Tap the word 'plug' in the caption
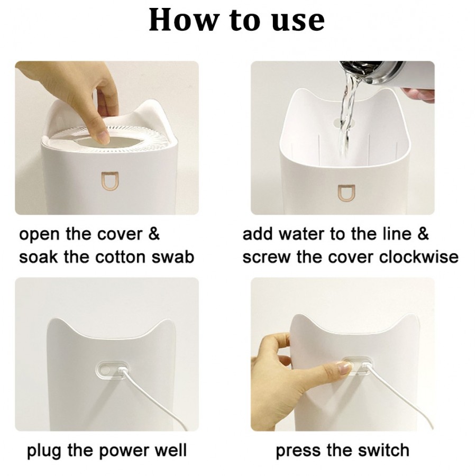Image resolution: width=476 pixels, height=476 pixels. point(45,451)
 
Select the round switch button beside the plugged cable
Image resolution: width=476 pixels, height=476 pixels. point(105,370)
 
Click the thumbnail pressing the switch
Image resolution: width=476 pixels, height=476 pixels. point(345,369)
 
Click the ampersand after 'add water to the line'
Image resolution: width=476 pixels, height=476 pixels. point(424,234)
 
